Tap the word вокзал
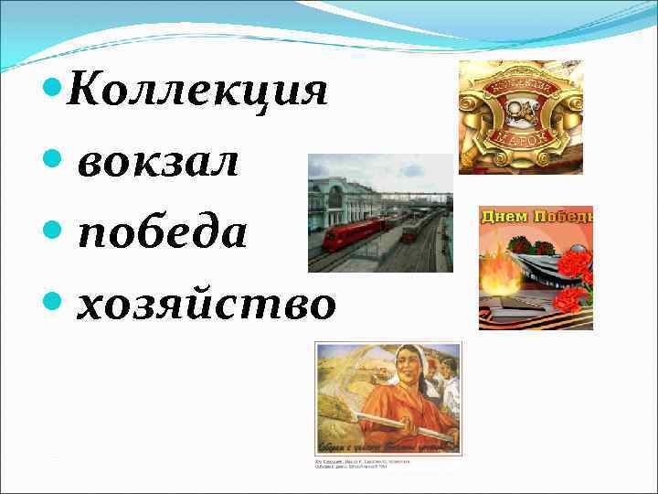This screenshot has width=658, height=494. (158, 164)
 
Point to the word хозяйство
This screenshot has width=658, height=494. (206, 305)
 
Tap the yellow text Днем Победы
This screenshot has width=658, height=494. (537, 217)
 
